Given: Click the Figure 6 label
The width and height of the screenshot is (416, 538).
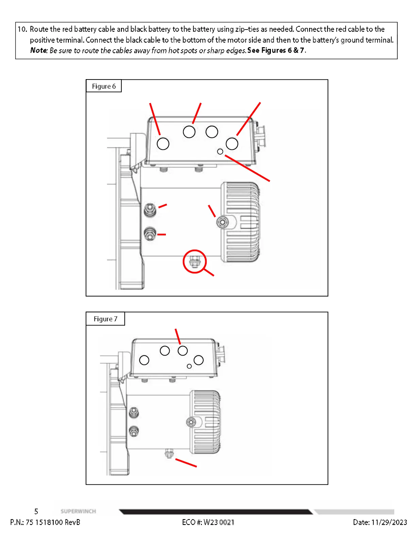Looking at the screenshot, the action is [104, 86].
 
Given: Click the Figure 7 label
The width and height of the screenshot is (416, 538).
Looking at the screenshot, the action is [105, 319].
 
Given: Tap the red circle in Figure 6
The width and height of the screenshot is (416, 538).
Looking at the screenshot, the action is [194, 261].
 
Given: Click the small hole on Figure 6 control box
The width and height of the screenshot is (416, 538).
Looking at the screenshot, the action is [220, 151].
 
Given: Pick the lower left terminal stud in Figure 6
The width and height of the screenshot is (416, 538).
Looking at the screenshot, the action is [150, 234].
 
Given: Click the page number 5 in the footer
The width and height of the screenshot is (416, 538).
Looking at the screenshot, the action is [36, 512].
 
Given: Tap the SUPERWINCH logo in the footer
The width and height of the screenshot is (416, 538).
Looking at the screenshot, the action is [78, 512].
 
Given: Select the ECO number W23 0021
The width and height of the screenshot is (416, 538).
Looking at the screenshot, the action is [219, 522].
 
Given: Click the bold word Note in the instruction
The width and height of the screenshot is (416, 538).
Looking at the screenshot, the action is [38, 51].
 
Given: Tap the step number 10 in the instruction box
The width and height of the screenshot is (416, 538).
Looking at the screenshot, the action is [22, 29].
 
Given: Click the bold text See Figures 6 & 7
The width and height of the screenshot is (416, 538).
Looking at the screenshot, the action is [276, 51].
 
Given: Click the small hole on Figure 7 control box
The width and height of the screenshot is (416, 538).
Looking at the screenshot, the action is [189, 366].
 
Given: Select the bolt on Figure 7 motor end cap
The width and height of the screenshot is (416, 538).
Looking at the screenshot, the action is [191, 422].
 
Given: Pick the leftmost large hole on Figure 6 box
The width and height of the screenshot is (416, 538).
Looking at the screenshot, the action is [163, 144].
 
